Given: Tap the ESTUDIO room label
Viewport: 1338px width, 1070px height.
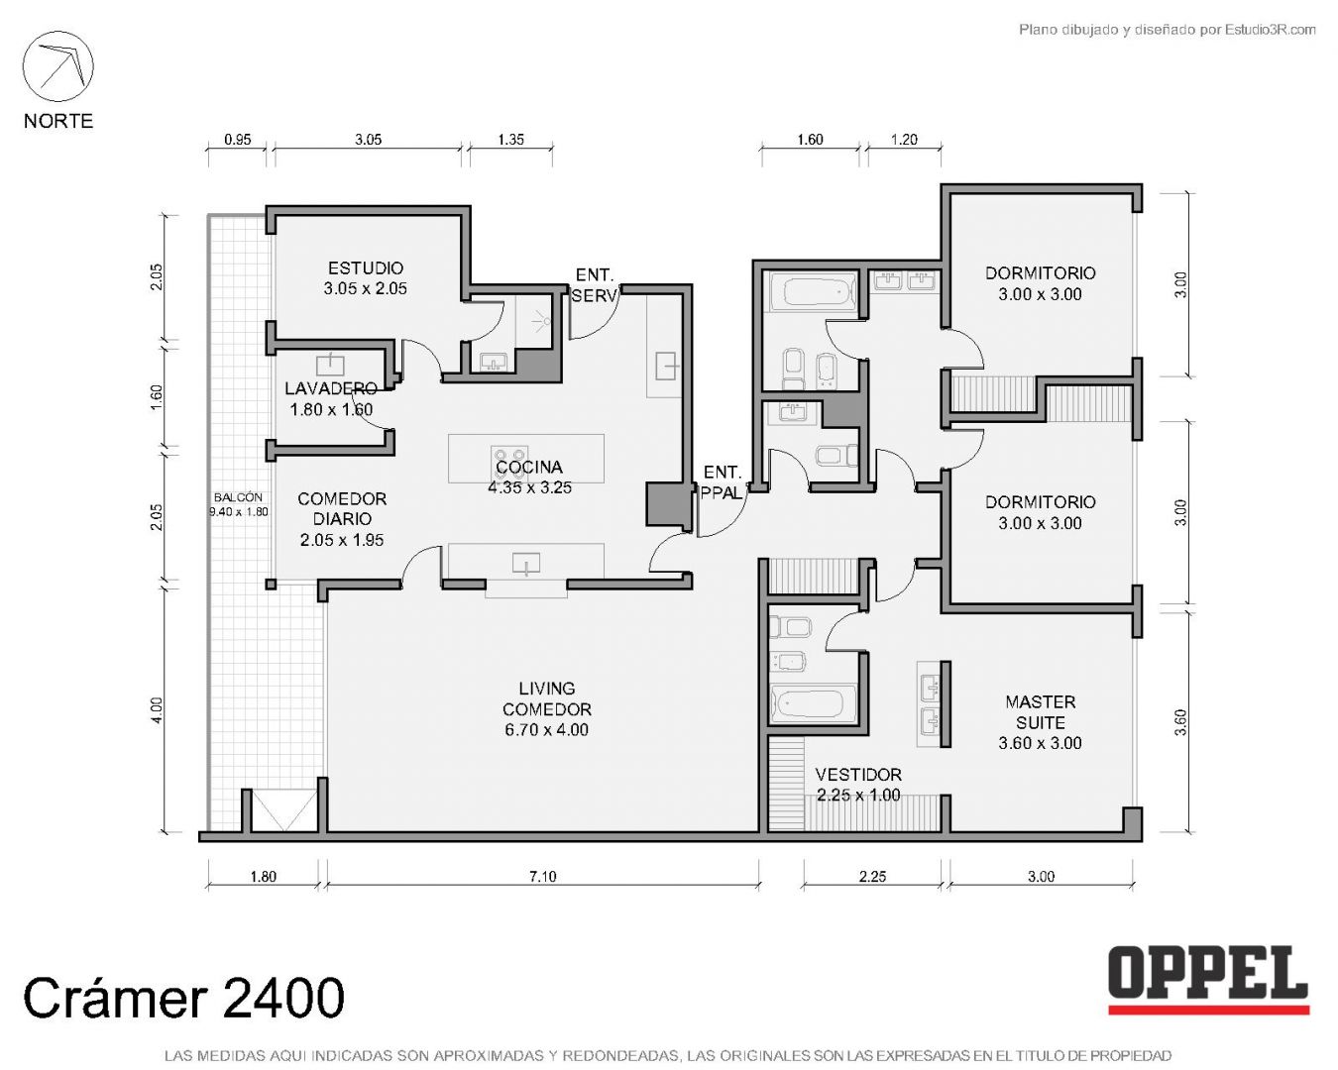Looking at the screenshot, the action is click(x=366, y=267).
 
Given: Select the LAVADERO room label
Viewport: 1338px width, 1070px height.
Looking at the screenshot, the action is click(x=331, y=388).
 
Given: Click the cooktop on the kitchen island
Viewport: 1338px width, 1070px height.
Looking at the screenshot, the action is click(x=509, y=457).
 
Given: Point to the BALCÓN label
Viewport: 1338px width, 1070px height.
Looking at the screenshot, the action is click(x=238, y=497).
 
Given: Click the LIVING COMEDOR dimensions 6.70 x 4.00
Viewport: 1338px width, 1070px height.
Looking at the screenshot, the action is click(x=546, y=729).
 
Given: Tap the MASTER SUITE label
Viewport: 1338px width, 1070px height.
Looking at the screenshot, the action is click(x=1041, y=712).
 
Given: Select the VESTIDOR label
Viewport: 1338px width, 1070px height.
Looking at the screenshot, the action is click(x=858, y=774).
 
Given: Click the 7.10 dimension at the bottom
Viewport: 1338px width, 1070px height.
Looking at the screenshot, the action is click(x=543, y=876).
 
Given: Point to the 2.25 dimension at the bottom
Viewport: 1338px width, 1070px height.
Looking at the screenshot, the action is click(x=872, y=876).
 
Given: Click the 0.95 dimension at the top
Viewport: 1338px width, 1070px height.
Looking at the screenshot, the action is click(x=238, y=140).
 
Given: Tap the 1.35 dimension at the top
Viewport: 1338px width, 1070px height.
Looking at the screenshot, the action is click(x=510, y=140).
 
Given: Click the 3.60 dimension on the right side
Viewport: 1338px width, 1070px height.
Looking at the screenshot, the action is click(x=1180, y=722).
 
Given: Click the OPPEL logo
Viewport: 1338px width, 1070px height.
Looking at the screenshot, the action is click(x=1209, y=981).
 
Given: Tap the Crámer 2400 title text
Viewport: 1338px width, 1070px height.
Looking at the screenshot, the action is click(x=183, y=998).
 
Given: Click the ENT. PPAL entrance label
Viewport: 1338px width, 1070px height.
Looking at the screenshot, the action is click(x=722, y=482).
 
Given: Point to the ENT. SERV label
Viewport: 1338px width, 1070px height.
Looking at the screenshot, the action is click(x=594, y=284).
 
